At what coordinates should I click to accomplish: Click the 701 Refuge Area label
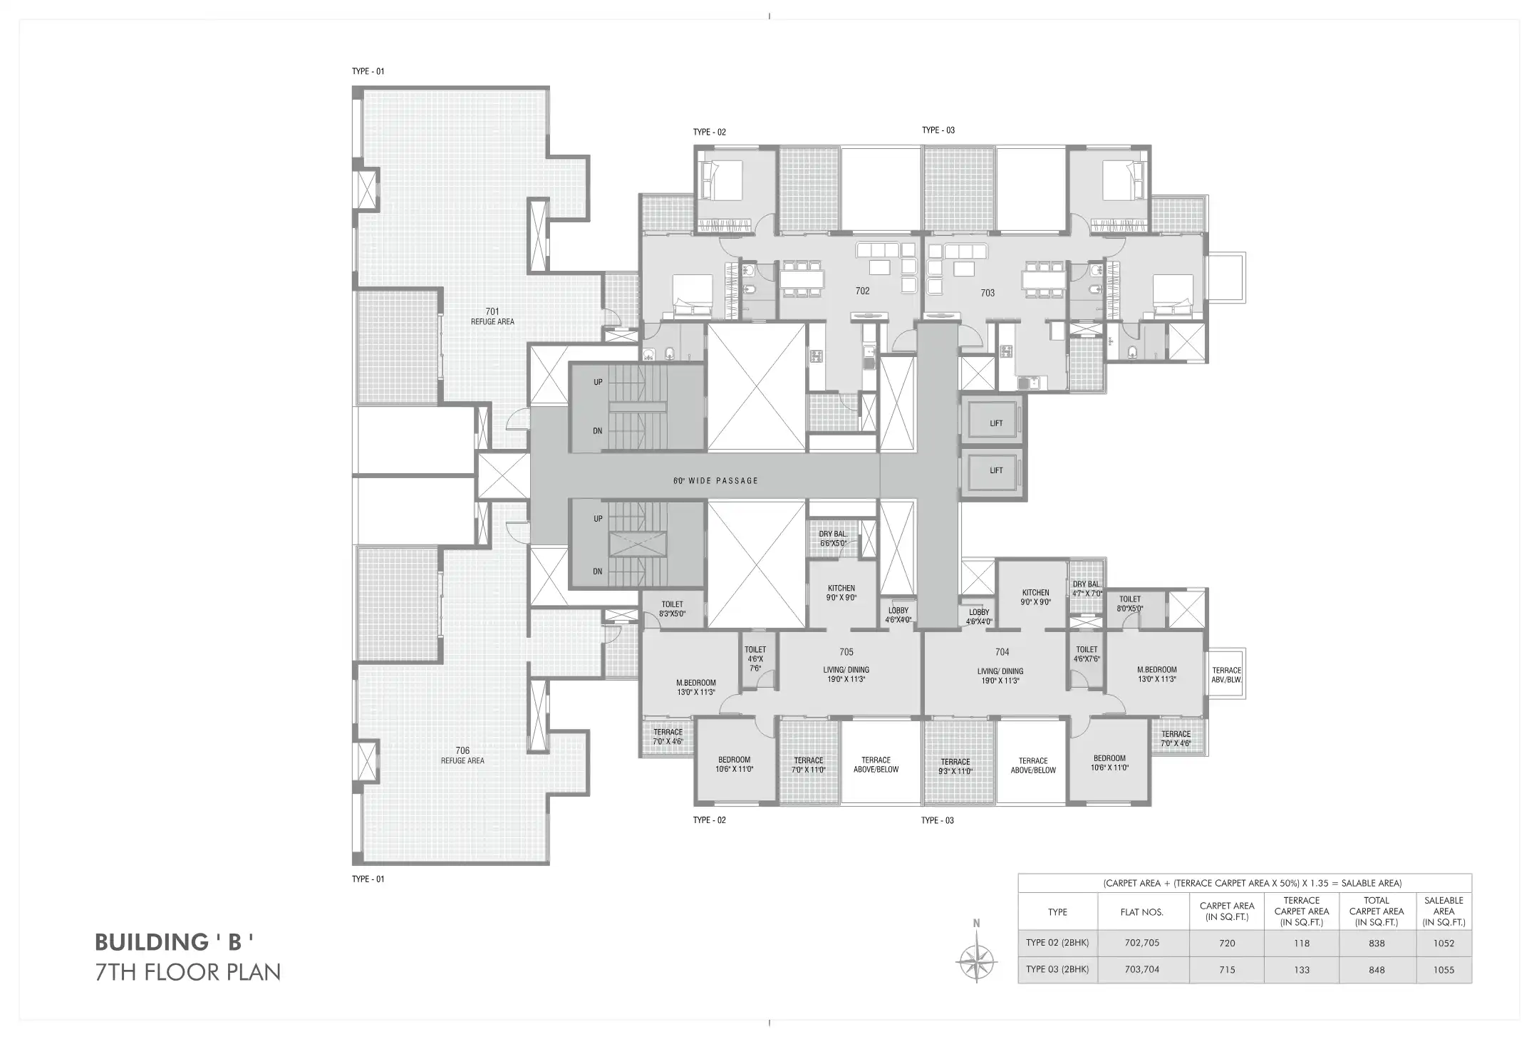tap(492, 316)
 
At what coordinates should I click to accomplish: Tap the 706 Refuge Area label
tap(462, 755)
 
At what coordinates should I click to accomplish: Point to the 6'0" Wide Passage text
tap(715, 481)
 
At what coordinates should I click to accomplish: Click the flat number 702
tap(863, 291)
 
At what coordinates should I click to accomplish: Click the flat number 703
tap(988, 293)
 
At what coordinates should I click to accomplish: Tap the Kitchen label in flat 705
tap(841, 593)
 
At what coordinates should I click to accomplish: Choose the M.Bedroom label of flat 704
tap(1157, 674)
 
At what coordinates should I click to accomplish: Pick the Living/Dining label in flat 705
tap(846, 674)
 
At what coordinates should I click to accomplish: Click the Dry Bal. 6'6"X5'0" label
tap(833, 539)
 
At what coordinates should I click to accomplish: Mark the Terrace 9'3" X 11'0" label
tap(955, 766)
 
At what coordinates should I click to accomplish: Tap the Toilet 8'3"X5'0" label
tap(673, 609)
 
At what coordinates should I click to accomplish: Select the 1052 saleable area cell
tap(1444, 943)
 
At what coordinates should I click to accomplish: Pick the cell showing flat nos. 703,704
tap(1142, 969)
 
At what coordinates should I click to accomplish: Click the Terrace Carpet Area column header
tap(1302, 911)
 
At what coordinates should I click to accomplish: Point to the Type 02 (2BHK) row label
tap(1057, 943)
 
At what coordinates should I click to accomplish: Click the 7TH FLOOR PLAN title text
tap(188, 972)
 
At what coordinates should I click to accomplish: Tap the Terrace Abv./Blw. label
tap(1227, 675)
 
